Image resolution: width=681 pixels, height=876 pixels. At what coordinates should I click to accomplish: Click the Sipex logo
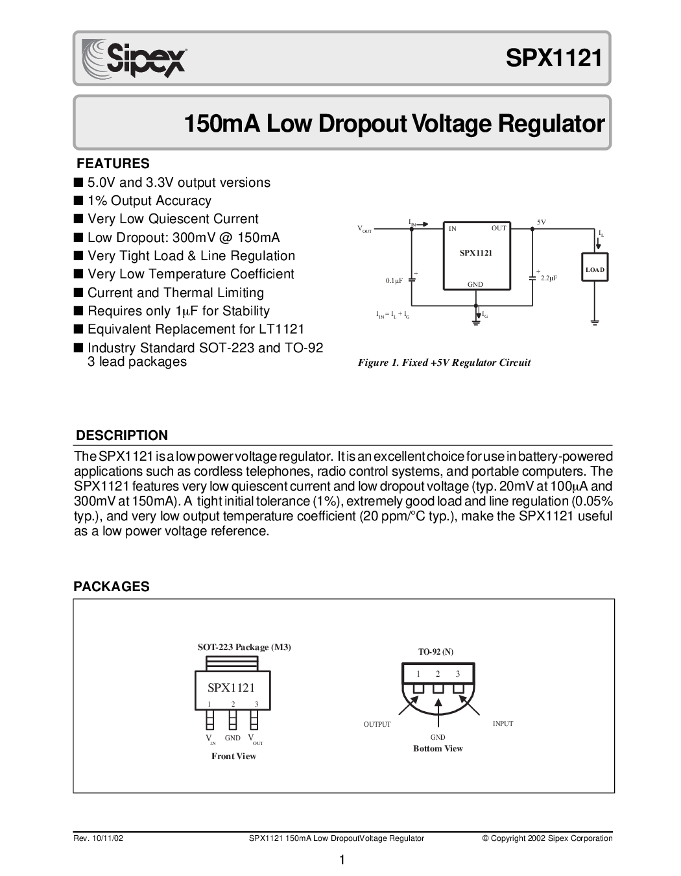[x=134, y=58]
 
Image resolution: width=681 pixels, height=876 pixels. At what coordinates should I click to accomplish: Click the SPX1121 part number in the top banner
[x=554, y=58]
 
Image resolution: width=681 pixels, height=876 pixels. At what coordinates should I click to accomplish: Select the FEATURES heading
[x=113, y=164]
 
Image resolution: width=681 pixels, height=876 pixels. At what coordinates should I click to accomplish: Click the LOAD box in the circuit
[x=595, y=267]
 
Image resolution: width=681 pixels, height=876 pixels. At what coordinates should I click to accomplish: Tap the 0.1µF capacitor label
[x=394, y=280]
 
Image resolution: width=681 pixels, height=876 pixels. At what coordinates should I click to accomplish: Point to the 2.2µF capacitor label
[x=549, y=278]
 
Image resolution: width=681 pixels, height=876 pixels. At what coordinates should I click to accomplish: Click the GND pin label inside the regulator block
[x=475, y=284]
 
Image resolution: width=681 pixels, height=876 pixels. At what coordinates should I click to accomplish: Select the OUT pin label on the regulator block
[x=499, y=228]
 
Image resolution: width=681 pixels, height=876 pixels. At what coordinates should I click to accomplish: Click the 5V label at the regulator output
[x=542, y=222]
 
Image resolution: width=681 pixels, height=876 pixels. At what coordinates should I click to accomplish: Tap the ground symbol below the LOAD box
[x=595, y=322]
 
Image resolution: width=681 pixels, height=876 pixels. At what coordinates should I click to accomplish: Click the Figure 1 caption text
[x=444, y=363]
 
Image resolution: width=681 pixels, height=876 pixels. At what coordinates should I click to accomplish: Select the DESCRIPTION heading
[x=122, y=435]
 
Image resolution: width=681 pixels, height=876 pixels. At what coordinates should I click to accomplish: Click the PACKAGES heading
[x=111, y=587]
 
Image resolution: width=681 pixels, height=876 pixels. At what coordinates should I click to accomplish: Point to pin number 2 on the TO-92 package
[x=438, y=674]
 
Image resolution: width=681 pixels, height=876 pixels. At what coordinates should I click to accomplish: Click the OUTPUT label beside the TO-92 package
[x=377, y=724]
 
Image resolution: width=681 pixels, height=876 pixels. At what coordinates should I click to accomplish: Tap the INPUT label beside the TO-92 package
[x=503, y=724]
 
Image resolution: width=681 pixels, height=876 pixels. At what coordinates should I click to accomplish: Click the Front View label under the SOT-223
[x=233, y=756]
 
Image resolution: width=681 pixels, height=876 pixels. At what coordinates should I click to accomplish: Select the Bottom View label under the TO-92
[x=438, y=749]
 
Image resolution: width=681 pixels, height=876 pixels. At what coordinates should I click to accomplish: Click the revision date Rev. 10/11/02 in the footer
[x=99, y=838]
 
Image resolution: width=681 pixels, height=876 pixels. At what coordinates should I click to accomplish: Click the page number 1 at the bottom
[x=342, y=860]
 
